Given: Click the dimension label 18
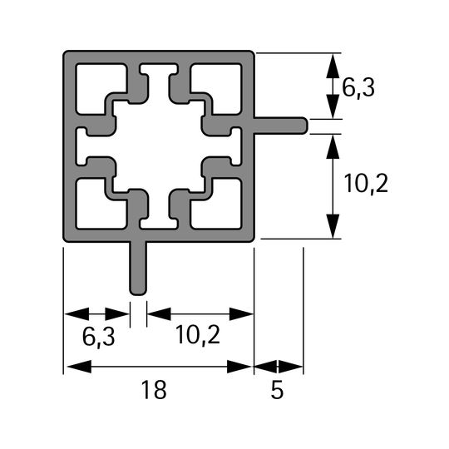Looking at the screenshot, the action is point(154,389).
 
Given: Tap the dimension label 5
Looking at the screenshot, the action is point(277,390).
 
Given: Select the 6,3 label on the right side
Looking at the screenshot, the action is point(358,88).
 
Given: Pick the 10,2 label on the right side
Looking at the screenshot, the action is point(366,184).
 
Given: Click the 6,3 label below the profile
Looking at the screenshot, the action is point(98,337).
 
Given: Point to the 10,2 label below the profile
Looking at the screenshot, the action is point(198,335).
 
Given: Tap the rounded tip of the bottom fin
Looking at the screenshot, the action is point(138,294).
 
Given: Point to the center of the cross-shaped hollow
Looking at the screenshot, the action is point(159,146).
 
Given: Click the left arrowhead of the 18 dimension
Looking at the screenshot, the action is point(79,367).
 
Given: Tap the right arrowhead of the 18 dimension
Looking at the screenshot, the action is point(239,367).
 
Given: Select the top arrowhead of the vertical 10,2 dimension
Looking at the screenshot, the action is point(333,146).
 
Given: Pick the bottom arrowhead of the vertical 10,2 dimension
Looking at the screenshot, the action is point(333,226).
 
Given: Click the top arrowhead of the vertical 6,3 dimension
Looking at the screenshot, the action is point(333,66).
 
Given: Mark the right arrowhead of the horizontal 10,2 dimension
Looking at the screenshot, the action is point(241,314).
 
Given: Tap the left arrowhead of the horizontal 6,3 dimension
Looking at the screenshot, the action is point(77,314).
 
